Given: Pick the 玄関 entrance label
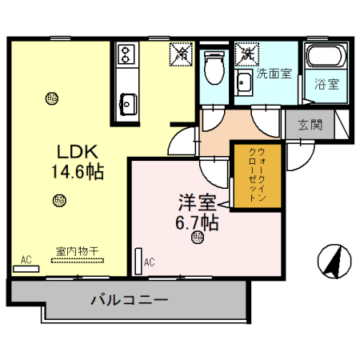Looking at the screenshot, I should point(310,125).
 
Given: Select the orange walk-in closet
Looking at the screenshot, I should point(258,176).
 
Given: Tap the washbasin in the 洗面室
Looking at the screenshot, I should point(242,79).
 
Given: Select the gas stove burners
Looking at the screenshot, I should point(126,55).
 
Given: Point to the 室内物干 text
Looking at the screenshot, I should point(77,250).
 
